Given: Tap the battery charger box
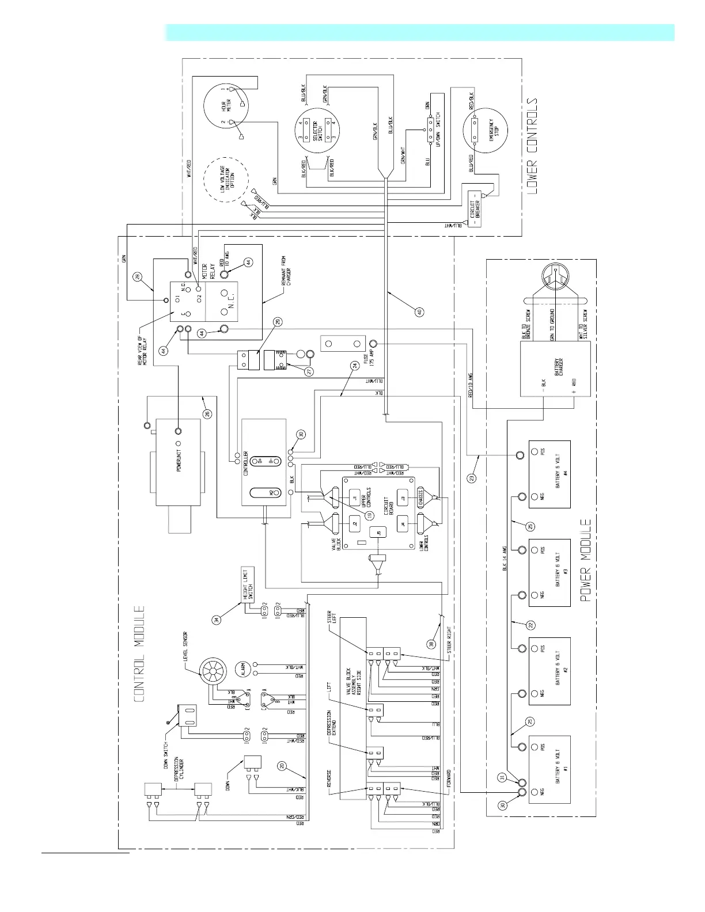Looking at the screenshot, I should pyautogui.click(x=554, y=369).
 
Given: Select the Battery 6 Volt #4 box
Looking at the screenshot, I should pyautogui.click(x=549, y=474).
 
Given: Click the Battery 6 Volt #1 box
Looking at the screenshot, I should pyautogui.click(x=549, y=768).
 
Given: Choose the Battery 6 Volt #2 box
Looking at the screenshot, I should pyautogui.click(x=549, y=671).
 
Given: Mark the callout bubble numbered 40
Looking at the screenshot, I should pyautogui.click(x=419, y=312).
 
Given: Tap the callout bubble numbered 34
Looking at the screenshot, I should pyautogui.click(x=216, y=620).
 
